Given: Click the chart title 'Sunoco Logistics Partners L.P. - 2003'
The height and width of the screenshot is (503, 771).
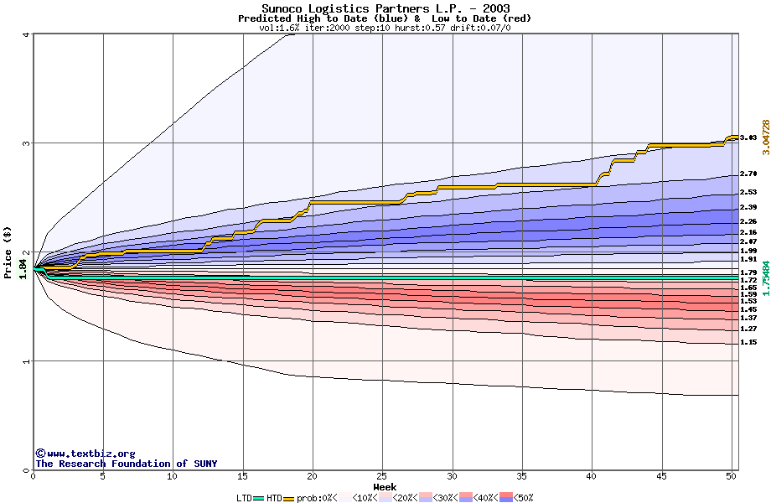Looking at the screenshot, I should coord(385,9).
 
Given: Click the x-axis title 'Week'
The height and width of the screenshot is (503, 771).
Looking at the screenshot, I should coord(385,487).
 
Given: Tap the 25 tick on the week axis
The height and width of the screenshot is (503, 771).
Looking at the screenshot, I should coord(382,476).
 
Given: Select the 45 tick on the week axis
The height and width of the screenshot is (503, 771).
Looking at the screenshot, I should coord(661,476).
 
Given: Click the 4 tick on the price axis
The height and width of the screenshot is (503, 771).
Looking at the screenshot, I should coord(27,34).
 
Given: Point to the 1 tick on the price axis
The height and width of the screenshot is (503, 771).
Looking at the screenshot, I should coord(27,361).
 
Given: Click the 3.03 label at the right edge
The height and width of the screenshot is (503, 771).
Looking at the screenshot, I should coord(748,137).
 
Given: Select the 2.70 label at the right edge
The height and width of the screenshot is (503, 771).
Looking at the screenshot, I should coord(748,174).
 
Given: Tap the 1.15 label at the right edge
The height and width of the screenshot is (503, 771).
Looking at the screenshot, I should coord(748,343).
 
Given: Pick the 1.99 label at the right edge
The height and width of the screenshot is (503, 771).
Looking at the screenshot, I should coord(748,251).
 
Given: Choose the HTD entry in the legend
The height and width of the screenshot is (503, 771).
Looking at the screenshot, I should coord(274,498).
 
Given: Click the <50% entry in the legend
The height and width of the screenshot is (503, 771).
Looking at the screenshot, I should coord(522,498).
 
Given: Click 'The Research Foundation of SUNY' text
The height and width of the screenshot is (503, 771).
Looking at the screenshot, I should coord(126,464).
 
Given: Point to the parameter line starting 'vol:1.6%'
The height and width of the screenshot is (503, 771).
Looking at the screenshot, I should coord(385,28).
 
